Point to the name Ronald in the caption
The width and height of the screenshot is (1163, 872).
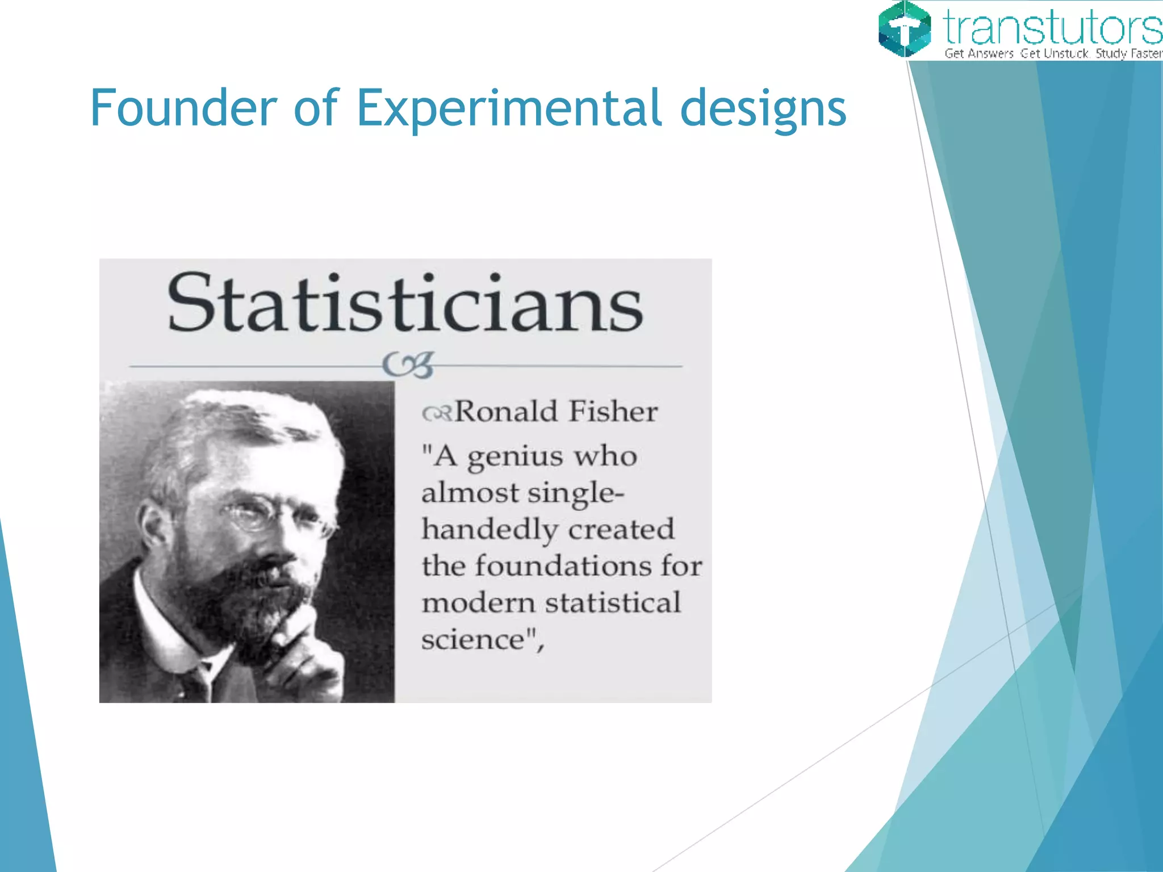506,412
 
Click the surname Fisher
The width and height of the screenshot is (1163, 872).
613,412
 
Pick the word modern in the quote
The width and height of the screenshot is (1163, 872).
478,603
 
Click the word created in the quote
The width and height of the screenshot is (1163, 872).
621,530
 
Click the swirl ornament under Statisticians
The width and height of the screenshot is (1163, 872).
408,364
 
